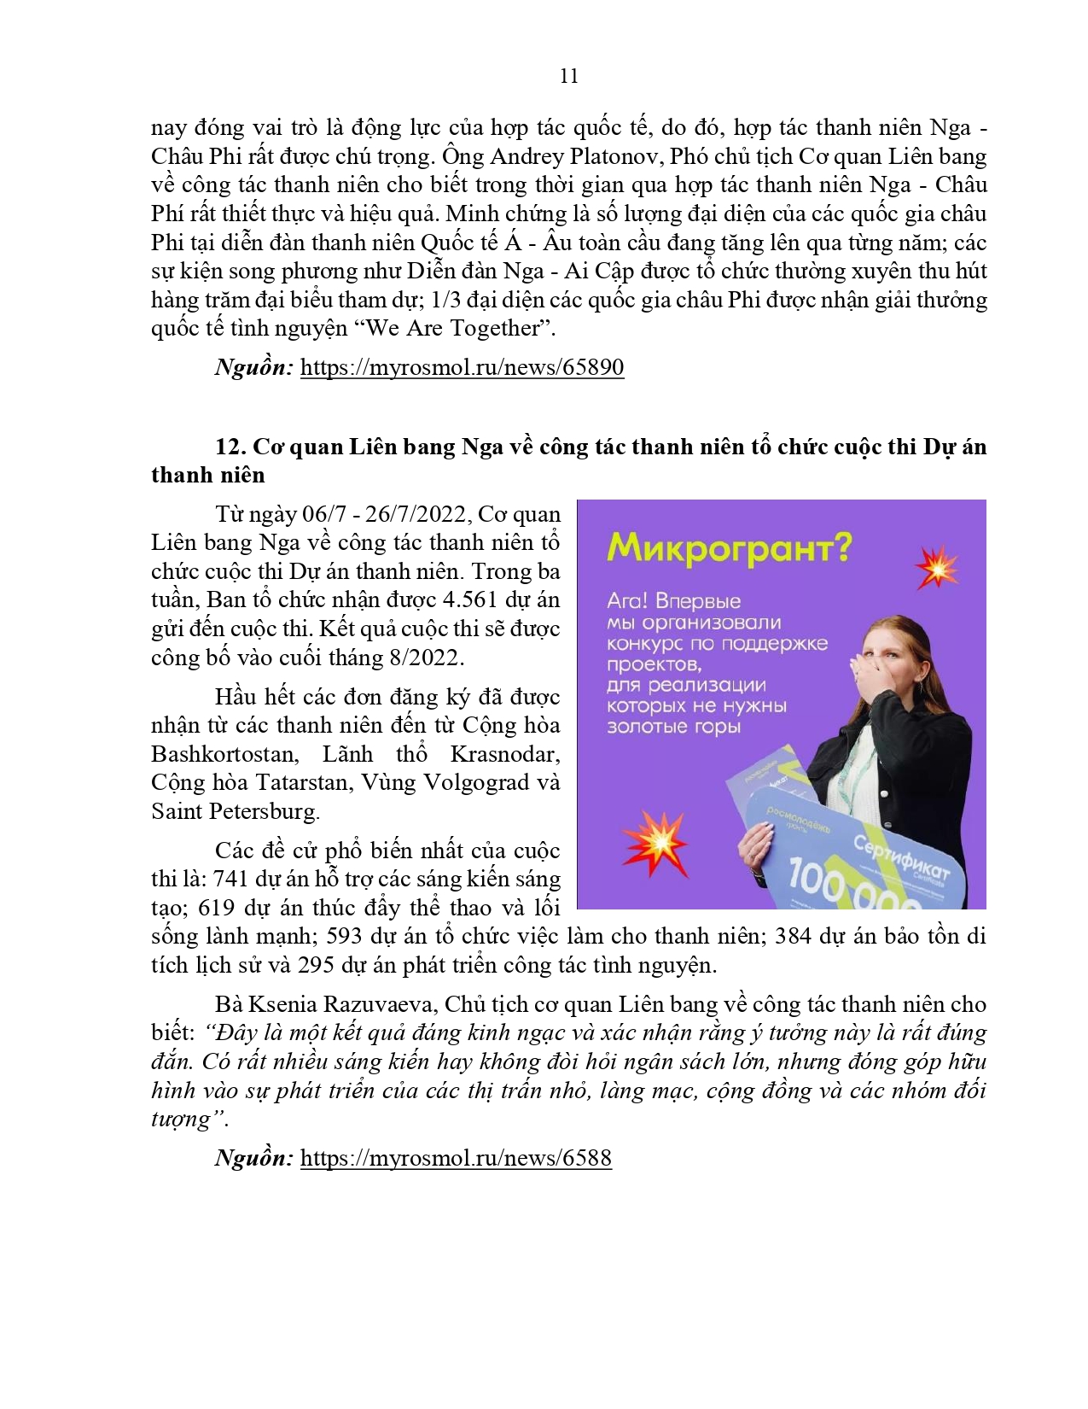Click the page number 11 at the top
click(569, 76)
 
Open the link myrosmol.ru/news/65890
click(462, 367)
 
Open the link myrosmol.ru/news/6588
click(456, 1158)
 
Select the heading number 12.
click(230, 447)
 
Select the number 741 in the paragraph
click(230, 879)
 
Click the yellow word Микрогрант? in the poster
click(729, 548)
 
